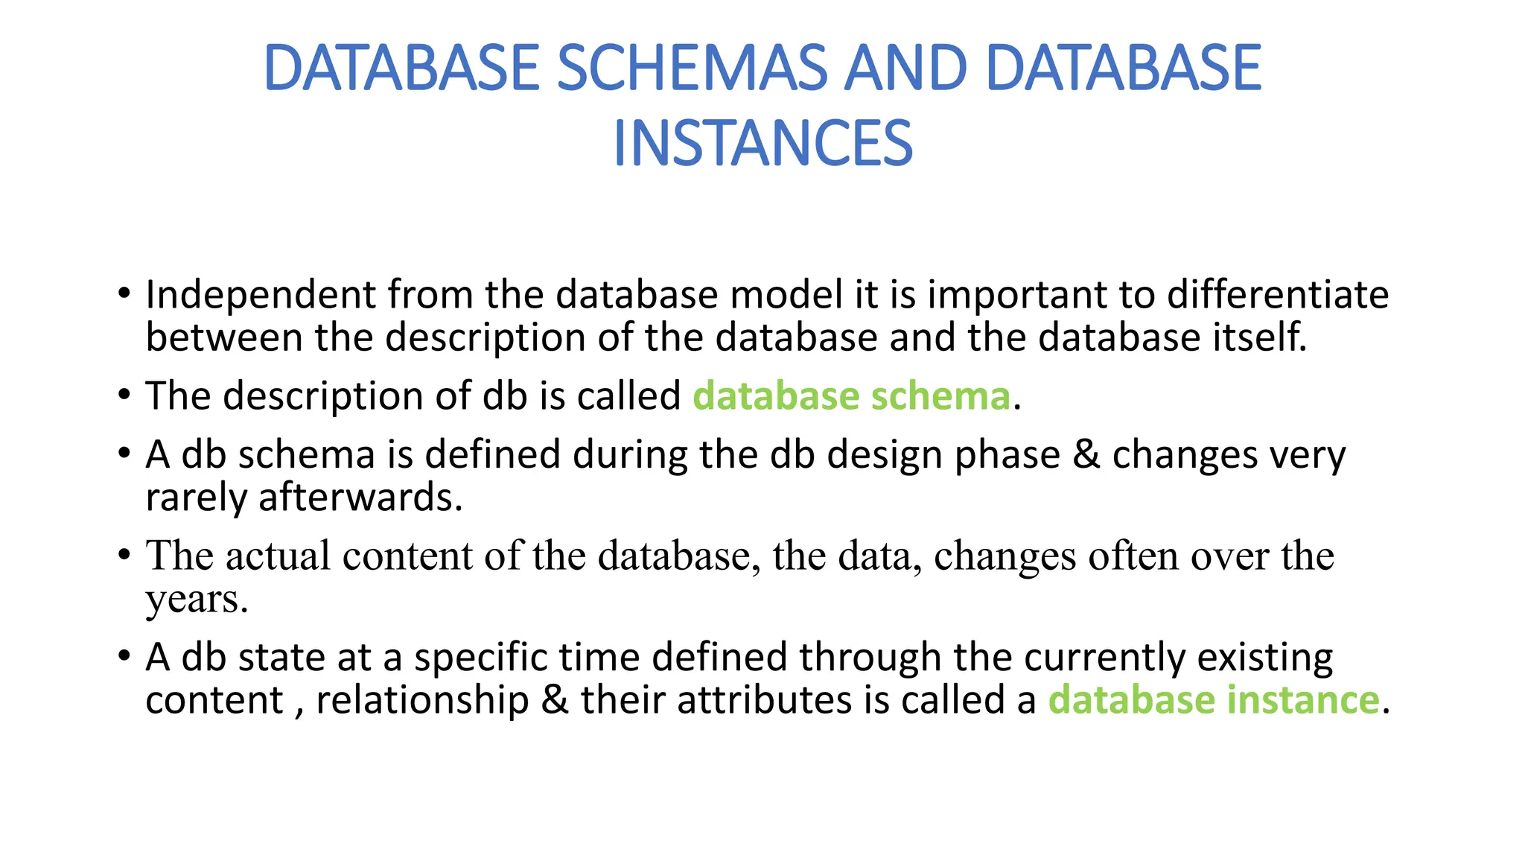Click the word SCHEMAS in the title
click(691, 69)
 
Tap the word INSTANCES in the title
click(762, 144)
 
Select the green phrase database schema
click(851, 395)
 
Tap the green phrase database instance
click(1214, 700)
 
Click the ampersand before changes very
click(1086, 455)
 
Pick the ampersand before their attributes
click(555, 701)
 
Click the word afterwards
click(358, 498)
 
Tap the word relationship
click(422, 701)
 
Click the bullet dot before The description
click(124, 394)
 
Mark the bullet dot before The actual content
click(124, 555)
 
